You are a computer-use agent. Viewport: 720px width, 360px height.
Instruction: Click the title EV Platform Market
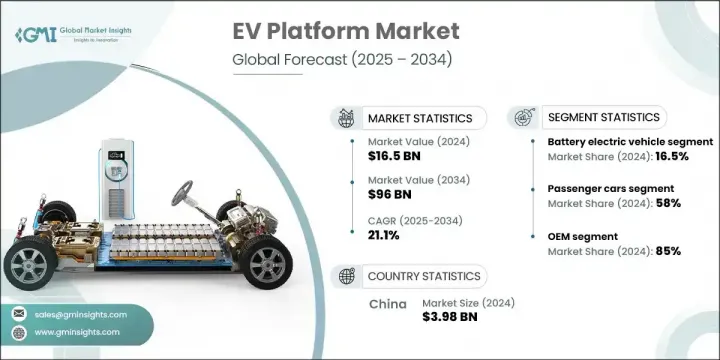point(346,31)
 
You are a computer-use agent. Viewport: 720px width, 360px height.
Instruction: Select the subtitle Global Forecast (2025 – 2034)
point(345,59)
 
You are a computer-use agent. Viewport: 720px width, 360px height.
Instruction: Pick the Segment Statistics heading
point(600,118)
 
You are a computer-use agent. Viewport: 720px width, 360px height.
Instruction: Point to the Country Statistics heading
point(424,275)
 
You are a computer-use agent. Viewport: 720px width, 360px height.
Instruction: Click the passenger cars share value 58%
point(668,203)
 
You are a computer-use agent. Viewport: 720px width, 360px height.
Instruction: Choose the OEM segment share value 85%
point(668,251)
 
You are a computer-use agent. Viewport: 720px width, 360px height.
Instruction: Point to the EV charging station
point(113,180)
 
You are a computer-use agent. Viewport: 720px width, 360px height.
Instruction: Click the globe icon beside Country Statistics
point(347,275)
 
